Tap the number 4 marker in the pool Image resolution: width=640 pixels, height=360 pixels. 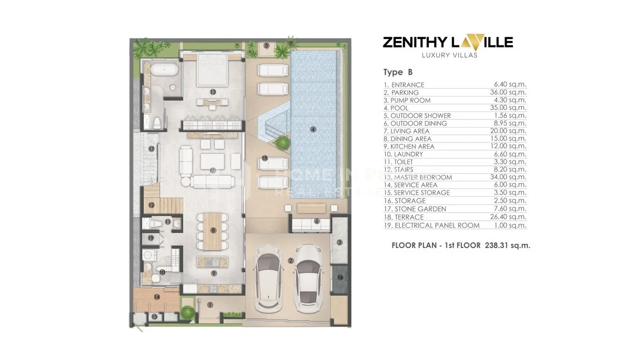[313, 129]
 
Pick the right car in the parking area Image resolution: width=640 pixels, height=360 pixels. [306, 278]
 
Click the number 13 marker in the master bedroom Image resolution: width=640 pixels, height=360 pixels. [213, 92]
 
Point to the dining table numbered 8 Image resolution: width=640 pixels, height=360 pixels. [213, 230]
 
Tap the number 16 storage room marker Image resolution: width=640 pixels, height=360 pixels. [340, 277]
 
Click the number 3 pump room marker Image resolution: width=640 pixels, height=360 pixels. [340, 242]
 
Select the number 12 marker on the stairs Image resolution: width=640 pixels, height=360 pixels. [151, 204]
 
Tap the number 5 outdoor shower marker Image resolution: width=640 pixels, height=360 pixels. [266, 45]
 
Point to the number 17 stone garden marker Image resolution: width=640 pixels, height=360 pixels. [151, 149]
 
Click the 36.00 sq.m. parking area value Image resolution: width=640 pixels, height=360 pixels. [510, 92]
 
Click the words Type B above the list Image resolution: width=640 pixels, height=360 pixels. [398, 72]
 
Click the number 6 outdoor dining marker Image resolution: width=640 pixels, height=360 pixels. [316, 221]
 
